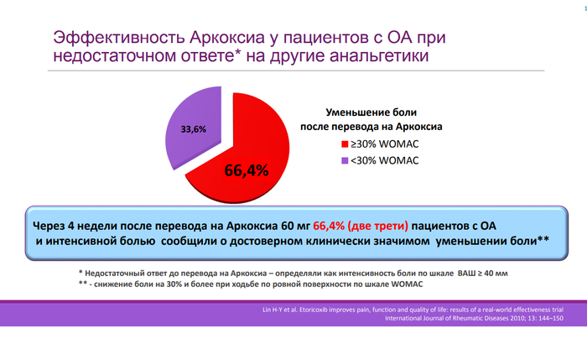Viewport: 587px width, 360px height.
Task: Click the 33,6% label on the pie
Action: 193,129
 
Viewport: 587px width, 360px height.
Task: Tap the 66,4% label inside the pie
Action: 246,170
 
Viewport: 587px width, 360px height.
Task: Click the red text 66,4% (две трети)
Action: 360,226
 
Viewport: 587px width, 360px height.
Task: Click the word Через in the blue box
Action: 52,226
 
